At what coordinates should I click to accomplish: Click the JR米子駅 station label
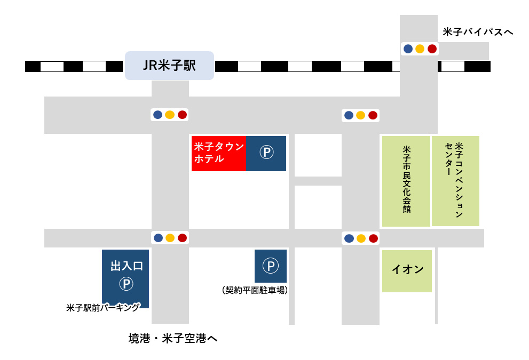169,66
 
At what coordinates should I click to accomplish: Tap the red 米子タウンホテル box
219,153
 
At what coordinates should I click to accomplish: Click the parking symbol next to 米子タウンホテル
266,153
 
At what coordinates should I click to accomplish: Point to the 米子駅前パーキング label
103,308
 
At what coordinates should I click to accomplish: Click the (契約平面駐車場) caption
255,291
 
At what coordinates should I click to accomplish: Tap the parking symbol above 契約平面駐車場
271,266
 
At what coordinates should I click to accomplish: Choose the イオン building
407,270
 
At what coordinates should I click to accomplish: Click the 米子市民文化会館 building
406,181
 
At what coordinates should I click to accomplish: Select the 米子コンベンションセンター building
455,180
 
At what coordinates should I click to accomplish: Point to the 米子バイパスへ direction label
478,33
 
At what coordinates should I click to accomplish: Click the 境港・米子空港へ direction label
173,338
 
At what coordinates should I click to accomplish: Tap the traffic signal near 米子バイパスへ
420,49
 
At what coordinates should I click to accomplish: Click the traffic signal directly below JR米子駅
170,115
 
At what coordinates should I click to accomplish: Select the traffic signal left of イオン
361,238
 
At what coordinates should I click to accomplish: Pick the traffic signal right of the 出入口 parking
170,238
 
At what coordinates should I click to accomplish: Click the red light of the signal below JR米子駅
182,115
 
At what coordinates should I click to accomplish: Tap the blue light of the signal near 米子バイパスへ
408,49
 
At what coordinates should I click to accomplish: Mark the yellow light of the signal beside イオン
361,238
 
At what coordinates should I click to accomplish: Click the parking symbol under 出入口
126,284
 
